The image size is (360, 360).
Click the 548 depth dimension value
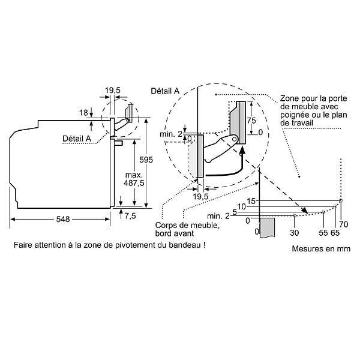(63, 219)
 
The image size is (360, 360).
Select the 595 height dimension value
(146, 160)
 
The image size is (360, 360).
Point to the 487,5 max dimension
(134, 183)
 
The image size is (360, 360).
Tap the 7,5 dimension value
(130, 216)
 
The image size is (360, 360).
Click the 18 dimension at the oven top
(83, 113)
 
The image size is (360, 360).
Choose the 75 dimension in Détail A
(251, 121)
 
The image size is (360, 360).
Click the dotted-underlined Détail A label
(77, 139)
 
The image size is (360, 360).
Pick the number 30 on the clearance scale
(294, 233)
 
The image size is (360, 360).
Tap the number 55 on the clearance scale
(323, 233)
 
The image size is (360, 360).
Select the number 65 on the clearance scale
(335, 233)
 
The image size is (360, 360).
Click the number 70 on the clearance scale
(343, 224)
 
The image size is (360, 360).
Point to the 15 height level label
(251, 201)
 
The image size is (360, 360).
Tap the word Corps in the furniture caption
(165, 225)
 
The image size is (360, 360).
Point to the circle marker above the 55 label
(323, 212)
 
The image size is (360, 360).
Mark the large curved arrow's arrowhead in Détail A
(242, 150)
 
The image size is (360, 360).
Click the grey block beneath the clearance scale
(267, 227)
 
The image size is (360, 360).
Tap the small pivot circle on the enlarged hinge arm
(234, 139)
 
